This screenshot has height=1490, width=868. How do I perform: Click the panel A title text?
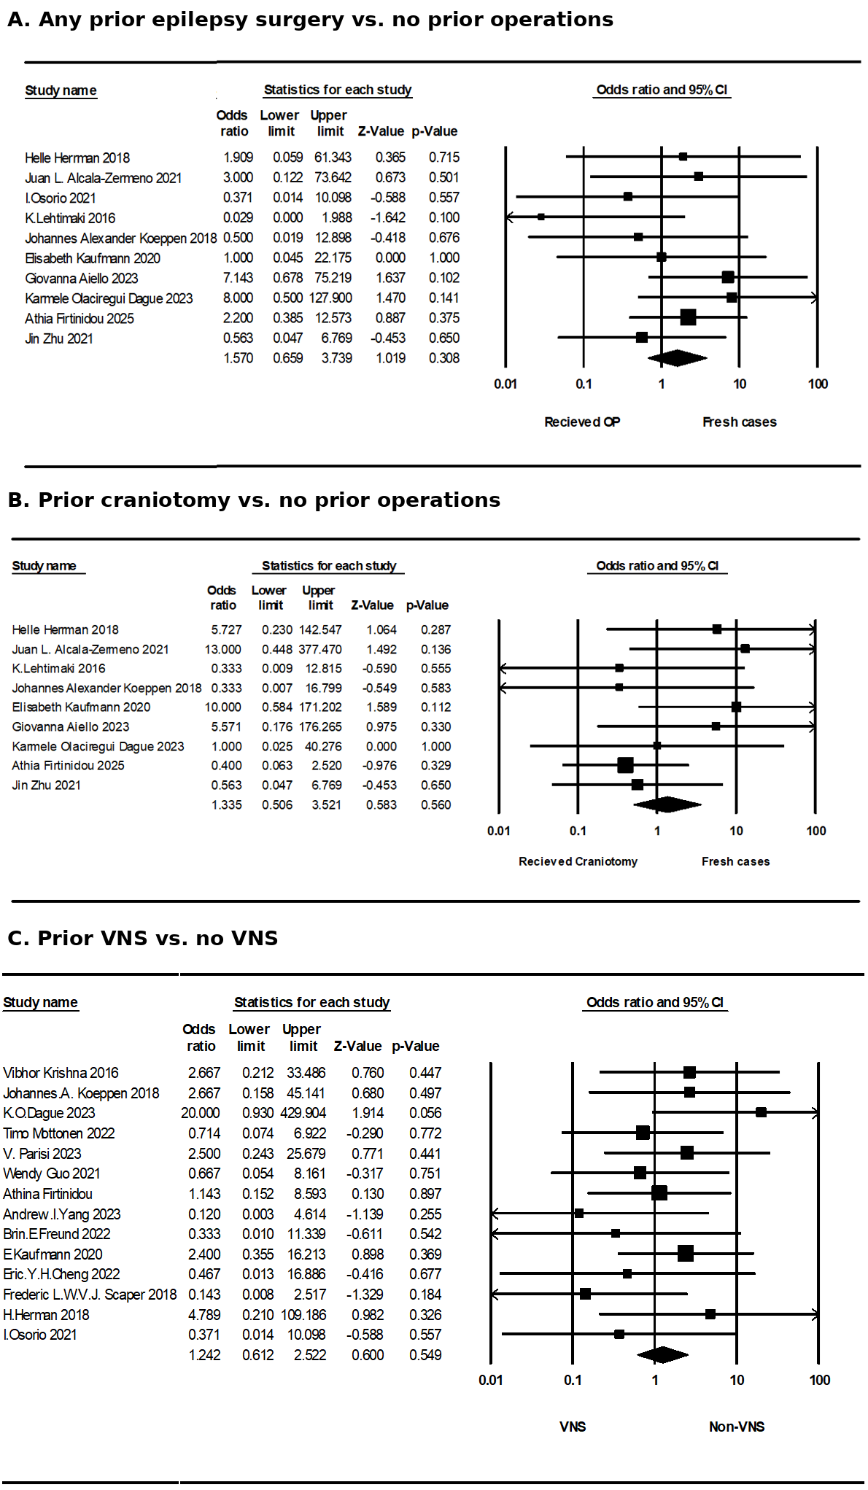[x=310, y=20]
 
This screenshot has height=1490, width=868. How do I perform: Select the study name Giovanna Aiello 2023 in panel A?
[x=81, y=279]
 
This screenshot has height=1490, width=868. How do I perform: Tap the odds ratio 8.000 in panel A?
[x=238, y=298]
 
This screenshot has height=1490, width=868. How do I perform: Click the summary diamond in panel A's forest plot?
[x=677, y=358]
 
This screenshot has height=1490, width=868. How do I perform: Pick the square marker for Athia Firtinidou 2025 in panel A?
[x=688, y=317]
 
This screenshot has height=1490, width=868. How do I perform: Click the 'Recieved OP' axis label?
[x=582, y=422]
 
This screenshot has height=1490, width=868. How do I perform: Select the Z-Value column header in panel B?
[x=372, y=605]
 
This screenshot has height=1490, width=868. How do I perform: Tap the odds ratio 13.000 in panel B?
[x=222, y=650]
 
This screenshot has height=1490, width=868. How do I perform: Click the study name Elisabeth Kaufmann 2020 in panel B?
[x=81, y=707]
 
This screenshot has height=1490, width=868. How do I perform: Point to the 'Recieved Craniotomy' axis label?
[x=578, y=862]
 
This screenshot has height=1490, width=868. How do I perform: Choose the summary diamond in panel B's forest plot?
[x=667, y=804]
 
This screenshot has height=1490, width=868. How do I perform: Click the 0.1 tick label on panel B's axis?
[x=578, y=831]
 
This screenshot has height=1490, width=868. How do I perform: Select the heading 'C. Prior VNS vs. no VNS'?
[x=143, y=938]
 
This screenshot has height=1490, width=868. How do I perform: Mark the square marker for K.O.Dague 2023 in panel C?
[x=761, y=1112]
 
